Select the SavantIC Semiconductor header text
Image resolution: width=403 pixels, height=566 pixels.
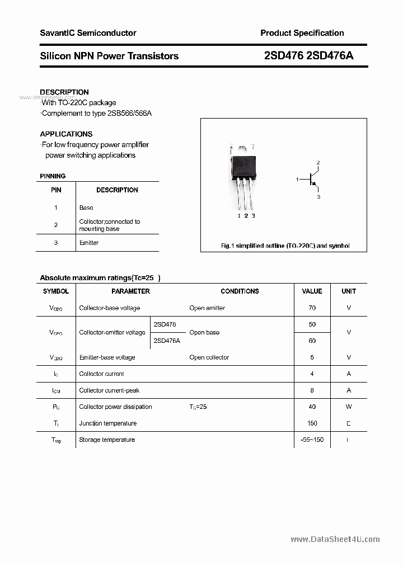point(88,33)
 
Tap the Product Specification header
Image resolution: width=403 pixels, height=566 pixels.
point(302,33)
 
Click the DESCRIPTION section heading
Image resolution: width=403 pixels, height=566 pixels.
point(64,92)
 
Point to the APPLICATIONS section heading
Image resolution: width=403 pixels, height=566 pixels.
point(66,134)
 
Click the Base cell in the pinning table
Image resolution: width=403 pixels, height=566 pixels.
point(86,207)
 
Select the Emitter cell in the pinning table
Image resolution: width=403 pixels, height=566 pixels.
point(89,243)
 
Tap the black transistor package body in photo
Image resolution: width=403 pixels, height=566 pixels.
point(245,165)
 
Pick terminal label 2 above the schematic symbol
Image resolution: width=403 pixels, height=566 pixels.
point(318,163)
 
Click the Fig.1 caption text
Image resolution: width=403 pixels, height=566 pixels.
point(284,246)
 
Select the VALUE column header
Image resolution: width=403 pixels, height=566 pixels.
point(312,291)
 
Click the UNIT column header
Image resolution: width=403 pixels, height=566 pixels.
point(349,291)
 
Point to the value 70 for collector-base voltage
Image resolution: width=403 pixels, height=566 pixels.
point(312,308)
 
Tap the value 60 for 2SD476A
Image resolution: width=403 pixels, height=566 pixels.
point(312,341)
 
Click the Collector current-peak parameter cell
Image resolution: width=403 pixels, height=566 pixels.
point(109,390)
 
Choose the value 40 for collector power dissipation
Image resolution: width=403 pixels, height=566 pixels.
point(312,407)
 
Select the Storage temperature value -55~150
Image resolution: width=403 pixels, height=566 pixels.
point(312,440)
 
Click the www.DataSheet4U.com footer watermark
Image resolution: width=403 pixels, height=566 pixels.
point(335,539)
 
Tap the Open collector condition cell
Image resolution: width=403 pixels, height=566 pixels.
point(209,357)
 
